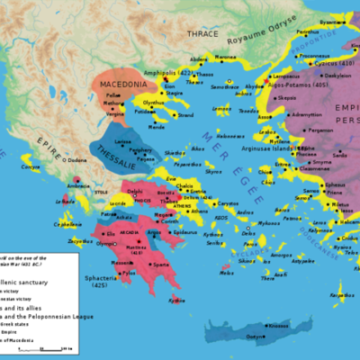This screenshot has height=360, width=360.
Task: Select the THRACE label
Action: (203, 33)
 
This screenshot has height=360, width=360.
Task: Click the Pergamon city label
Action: (319, 130)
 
